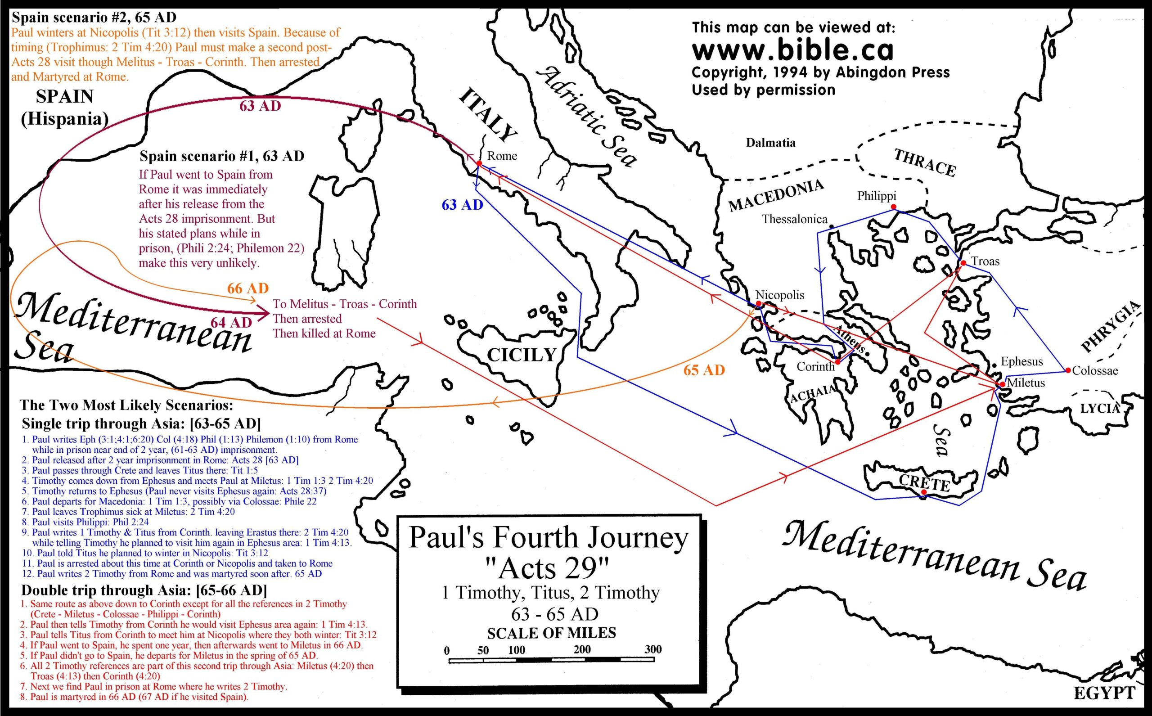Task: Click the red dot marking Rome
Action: click(479, 163)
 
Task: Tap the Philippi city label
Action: click(877, 196)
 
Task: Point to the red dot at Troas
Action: click(963, 263)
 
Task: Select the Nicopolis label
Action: click(780, 295)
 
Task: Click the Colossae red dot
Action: click(1068, 370)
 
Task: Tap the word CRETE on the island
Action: click(924, 482)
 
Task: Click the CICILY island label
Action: click(521, 355)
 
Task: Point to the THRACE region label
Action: click(924, 163)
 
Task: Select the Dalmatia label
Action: click(770, 143)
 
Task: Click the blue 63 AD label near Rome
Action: click(462, 205)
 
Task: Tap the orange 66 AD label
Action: click(247, 288)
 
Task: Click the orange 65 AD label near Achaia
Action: click(704, 370)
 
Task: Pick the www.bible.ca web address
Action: click(792, 50)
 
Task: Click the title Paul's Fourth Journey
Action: click(548, 538)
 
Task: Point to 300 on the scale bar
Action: click(652, 649)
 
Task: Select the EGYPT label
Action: click(1104, 693)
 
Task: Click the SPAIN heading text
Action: click(64, 97)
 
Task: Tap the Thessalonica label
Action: click(794, 219)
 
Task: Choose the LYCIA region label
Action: click(1099, 408)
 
